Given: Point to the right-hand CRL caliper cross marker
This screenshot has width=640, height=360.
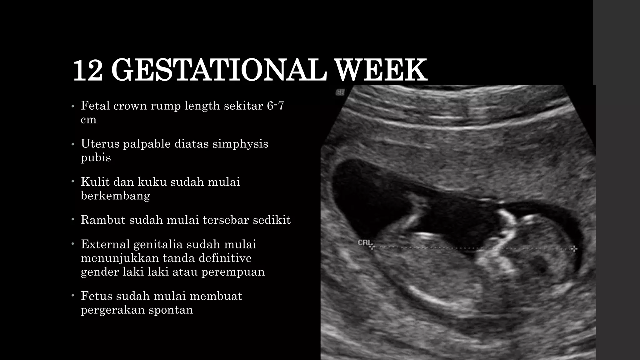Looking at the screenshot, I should click(x=574, y=249).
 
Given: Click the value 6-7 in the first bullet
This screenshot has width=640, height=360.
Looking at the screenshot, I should click(x=275, y=106).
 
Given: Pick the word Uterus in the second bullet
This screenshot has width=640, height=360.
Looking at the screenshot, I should click(x=100, y=144).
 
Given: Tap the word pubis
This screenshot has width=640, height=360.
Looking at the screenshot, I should click(x=96, y=157).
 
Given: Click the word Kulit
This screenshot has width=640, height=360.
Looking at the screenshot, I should click(x=95, y=182).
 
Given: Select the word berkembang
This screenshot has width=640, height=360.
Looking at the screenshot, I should click(x=115, y=196).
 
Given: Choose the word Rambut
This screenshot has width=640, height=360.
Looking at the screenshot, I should click(x=103, y=220).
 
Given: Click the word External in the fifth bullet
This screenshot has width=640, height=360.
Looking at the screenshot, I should click(x=105, y=244).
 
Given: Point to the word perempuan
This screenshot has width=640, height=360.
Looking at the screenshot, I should click(x=233, y=272).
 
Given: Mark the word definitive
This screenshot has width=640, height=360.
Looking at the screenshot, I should click(x=225, y=258).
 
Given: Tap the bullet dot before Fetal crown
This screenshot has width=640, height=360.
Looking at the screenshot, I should click(x=72, y=106).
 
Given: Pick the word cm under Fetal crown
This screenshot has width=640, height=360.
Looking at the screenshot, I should click(x=88, y=120).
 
